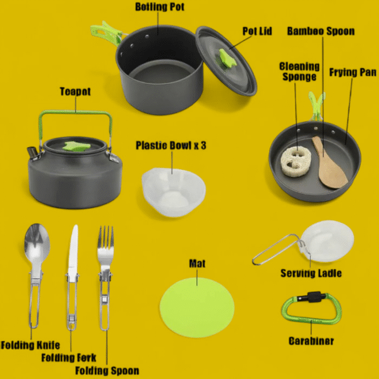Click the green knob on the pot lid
pyautogui.click(x=227, y=59)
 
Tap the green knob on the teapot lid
pyautogui.click(x=76, y=147)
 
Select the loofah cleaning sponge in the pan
pyautogui.click(x=293, y=161)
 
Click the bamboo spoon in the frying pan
pyautogui.click(x=328, y=162)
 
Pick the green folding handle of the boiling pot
pyautogui.click(x=106, y=33)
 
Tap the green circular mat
pyautogui.click(x=197, y=308)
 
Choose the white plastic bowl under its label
pyautogui.click(x=174, y=192)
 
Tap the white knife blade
pyautogui.click(x=73, y=249)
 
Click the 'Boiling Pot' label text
pyautogui.click(x=160, y=7)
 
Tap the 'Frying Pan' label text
pyautogui.click(x=353, y=72)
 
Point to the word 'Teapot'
pyautogui.click(x=75, y=92)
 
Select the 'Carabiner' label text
pyautogui.click(x=311, y=341)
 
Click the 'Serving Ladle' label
pyautogui.click(x=311, y=273)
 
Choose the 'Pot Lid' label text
pyautogui.click(x=257, y=31)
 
